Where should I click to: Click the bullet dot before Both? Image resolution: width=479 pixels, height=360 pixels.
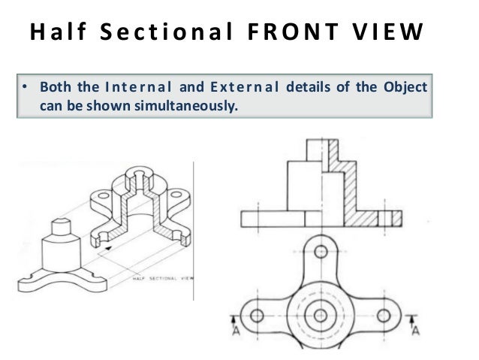click(24, 87)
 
